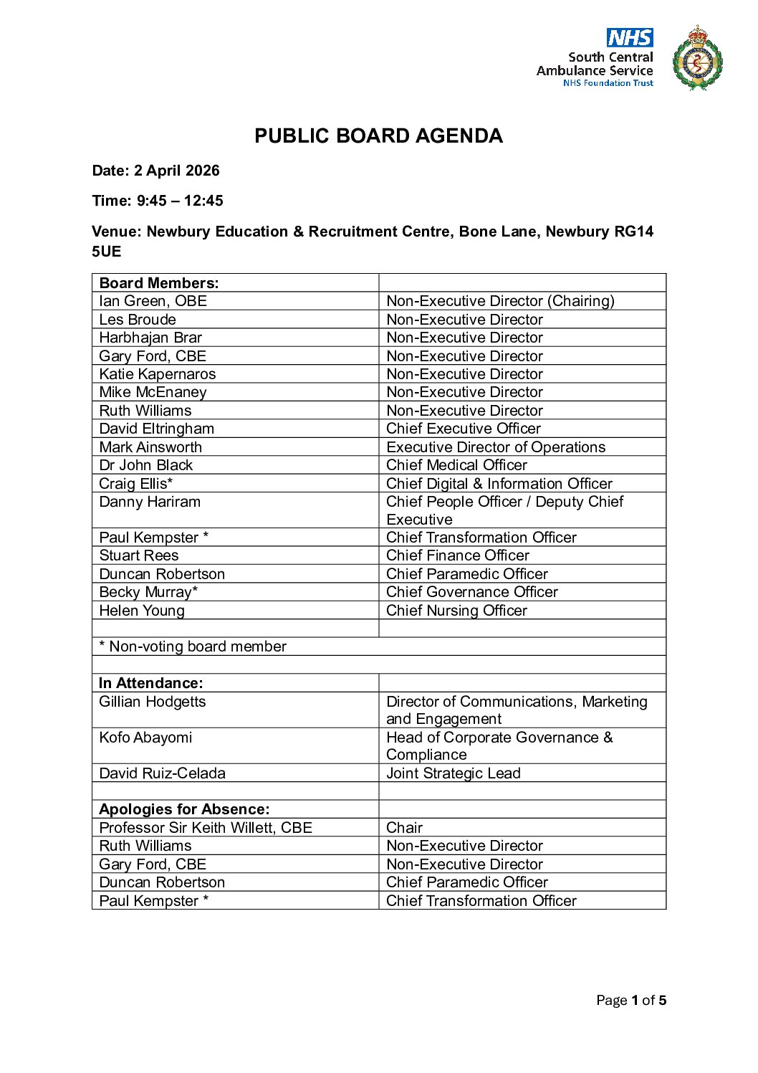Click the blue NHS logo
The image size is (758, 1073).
[630, 37]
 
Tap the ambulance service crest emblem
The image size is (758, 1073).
[697, 58]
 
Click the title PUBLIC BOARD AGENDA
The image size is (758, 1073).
[378, 136]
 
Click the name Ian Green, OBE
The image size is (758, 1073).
[153, 301]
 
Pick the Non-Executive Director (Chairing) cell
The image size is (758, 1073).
[500, 301]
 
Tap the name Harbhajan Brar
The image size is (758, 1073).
[150, 338]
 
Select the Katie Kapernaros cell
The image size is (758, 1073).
[157, 374]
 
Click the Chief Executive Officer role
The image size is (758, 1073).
[463, 429]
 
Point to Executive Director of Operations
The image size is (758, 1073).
[495, 447]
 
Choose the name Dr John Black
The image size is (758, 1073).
[145, 465]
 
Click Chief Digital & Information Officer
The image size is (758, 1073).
[499, 484]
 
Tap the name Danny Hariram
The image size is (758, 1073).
[150, 502]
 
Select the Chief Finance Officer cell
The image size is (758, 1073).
[457, 555]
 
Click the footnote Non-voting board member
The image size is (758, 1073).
[193, 647]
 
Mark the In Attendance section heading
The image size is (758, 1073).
[150, 683]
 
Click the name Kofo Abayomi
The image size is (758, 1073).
[145, 738]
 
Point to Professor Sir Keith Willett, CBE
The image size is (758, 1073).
[206, 828]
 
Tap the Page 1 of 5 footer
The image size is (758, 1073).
[630, 1001]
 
